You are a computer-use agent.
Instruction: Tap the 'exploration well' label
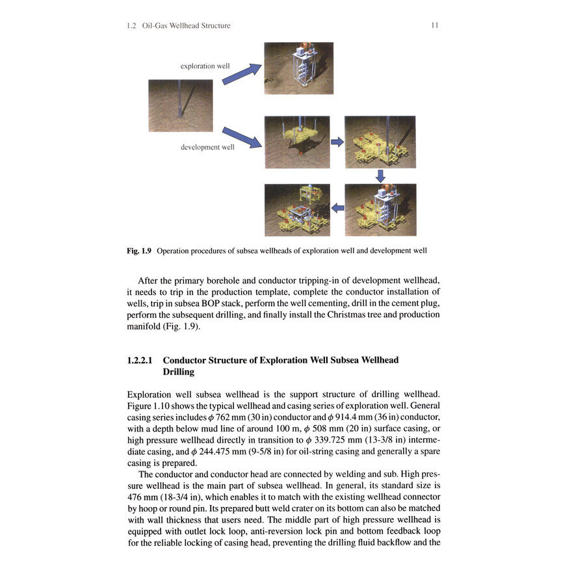[x=205, y=66]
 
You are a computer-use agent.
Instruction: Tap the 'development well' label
[x=207, y=148]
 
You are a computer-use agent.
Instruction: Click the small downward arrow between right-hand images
[x=381, y=175]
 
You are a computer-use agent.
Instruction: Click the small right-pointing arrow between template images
[x=337, y=141]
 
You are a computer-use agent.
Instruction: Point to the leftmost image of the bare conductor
[x=181, y=105]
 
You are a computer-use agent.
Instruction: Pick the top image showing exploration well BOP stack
[x=298, y=68]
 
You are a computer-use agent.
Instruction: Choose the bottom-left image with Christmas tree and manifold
[x=297, y=209]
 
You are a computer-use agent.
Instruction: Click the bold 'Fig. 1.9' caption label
[x=140, y=250]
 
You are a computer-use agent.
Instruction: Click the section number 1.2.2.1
[x=141, y=360]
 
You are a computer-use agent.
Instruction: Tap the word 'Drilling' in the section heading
[x=179, y=372]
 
